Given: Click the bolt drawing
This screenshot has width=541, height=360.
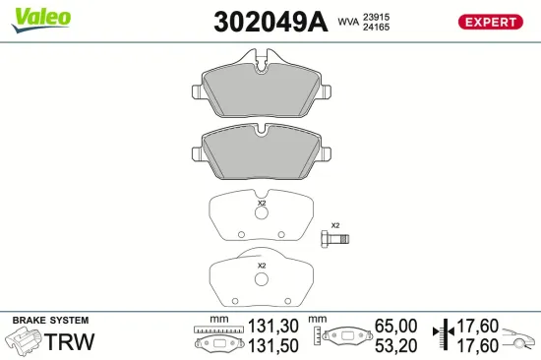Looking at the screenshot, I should [x=334, y=238].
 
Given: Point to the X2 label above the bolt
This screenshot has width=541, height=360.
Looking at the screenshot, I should [x=335, y=224].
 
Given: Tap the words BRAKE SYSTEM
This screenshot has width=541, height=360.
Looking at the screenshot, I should [x=49, y=321].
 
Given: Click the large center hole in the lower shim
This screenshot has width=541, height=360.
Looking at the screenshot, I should [x=262, y=280].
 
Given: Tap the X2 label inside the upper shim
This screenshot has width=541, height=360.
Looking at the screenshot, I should [x=262, y=204].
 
